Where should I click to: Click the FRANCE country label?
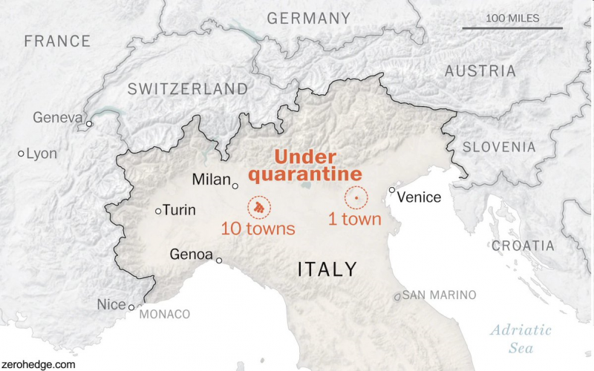coord(57,41)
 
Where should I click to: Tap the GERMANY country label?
coord(308,19)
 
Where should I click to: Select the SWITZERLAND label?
coord(188,89)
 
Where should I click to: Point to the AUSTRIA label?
coord(480,71)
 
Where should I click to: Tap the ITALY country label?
coord(327,269)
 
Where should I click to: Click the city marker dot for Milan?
coord(235,185)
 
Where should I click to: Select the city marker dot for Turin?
coord(158,211)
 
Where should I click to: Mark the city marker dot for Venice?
coord(392,190)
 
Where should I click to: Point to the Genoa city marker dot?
coord(219,260)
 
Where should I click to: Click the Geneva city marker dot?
coord(89,124)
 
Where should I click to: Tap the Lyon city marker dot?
coord(21,154)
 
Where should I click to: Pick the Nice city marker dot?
coord(131,306)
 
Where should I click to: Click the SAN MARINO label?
coord(440,295)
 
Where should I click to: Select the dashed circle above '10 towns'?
coord(259,208)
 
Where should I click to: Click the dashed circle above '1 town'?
coord(356,198)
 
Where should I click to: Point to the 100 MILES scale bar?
coord(512,28)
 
